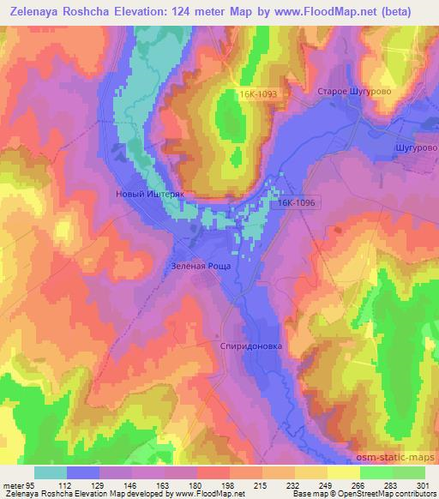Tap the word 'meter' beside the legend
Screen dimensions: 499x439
tap(12, 484)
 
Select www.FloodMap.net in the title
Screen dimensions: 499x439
tap(314, 12)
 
